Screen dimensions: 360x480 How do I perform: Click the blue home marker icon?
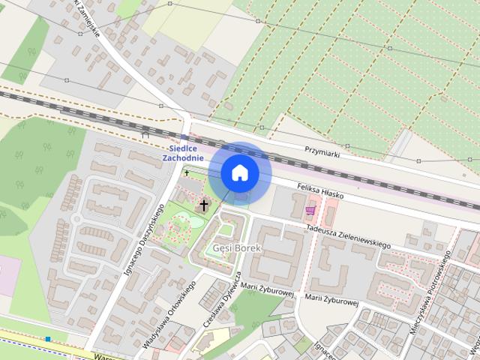239,173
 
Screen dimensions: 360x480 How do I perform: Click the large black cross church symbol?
203,205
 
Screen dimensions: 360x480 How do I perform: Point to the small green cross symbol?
187,173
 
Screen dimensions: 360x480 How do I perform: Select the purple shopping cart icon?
310,211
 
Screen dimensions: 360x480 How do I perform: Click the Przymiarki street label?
322,151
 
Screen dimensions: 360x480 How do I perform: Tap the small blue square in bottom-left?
48,339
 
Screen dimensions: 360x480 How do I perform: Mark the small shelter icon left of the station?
145,134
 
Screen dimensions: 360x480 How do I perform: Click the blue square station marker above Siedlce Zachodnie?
184,137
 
